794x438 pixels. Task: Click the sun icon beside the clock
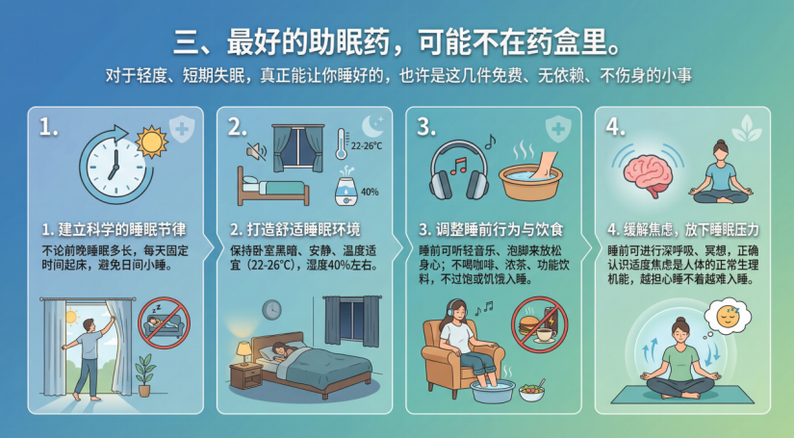click(x=151, y=142)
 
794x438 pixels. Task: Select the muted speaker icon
click(x=256, y=150)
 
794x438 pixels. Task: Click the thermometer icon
click(x=342, y=144)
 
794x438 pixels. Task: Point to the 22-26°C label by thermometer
click(x=367, y=145)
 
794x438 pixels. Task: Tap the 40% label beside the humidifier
click(x=370, y=192)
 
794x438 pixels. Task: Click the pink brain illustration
click(x=648, y=172)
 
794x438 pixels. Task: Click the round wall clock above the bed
click(x=272, y=309)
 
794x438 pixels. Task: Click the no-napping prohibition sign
click(x=164, y=323)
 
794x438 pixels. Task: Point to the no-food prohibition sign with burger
click(x=539, y=324)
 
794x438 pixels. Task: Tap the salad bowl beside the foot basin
click(x=531, y=391)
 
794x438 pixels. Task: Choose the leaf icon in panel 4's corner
click(x=747, y=128)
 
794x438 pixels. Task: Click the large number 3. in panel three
click(x=426, y=127)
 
